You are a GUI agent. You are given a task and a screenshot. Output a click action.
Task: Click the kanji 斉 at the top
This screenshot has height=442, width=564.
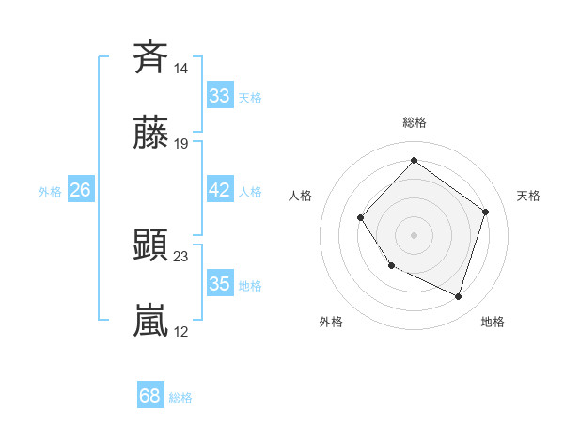(x=150, y=58)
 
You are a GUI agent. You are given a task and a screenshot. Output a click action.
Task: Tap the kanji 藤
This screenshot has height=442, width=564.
(x=150, y=134)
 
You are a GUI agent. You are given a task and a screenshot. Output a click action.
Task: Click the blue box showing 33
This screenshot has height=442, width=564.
(x=219, y=96)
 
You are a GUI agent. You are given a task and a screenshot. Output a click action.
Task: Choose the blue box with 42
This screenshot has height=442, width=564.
(x=219, y=190)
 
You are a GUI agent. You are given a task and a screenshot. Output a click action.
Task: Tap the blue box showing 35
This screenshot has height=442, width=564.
(x=219, y=284)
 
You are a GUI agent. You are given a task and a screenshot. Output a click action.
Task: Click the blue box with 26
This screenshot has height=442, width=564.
(x=80, y=190)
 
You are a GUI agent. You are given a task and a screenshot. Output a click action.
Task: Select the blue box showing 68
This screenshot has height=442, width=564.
(x=150, y=396)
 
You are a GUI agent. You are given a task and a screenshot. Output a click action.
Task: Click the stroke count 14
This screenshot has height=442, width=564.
(x=181, y=69)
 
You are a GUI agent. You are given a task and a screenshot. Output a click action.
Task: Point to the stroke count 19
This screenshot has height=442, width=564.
(x=181, y=144)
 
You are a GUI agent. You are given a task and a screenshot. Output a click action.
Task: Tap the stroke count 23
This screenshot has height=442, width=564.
(x=181, y=256)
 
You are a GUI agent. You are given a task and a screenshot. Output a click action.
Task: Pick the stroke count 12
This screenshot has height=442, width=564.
(x=181, y=331)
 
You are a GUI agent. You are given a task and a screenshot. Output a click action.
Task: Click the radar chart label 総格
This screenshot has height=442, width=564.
(x=414, y=122)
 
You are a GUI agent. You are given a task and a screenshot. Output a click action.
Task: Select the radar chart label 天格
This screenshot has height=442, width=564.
(x=528, y=196)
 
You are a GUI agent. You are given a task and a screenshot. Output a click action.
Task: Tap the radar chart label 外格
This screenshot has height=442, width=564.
(x=331, y=322)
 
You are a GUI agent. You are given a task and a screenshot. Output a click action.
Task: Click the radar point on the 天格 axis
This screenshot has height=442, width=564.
(x=485, y=212)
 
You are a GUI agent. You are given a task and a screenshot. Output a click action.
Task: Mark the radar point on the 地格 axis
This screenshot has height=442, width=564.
(x=459, y=297)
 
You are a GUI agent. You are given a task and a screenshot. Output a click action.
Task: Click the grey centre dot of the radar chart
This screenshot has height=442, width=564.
(x=414, y=234)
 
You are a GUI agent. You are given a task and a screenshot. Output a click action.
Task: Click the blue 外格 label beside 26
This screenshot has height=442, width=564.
(x=50, y=191)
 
